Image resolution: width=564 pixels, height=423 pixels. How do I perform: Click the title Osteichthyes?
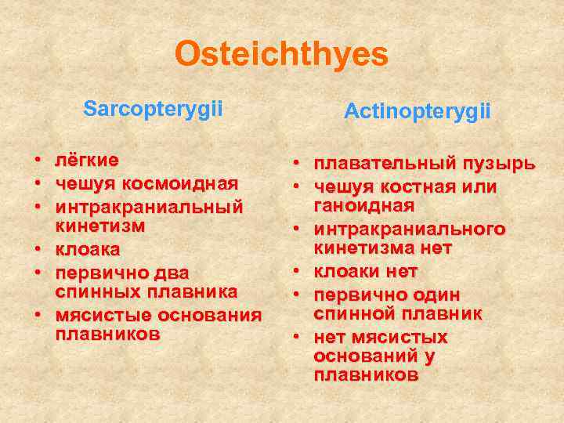click(281, 55)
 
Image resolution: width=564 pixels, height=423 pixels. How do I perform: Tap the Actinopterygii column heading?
click(417, 112)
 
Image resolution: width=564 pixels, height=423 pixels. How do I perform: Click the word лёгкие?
click(87, 161)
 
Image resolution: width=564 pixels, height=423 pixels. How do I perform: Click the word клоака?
click(88, 250)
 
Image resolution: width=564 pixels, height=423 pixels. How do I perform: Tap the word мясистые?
click(103, 315)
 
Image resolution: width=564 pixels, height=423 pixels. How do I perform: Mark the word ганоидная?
click(363, 204)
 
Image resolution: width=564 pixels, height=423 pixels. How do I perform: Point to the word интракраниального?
click(409, 230)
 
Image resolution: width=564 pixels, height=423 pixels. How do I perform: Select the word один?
click(437, 295)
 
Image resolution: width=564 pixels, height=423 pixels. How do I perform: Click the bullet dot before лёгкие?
click(37, 161)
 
